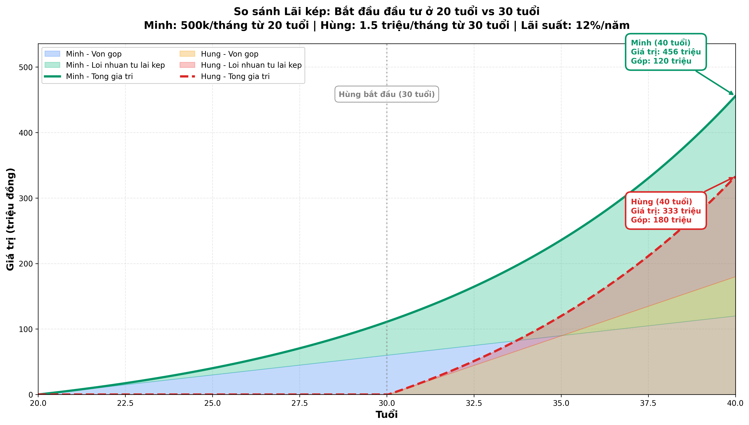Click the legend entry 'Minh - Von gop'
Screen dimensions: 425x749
93,54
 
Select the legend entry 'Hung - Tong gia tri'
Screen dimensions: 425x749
235,76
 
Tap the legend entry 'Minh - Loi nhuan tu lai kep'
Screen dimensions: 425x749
115,65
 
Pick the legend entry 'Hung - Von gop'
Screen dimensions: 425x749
230,54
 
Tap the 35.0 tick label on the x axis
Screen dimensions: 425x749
561,403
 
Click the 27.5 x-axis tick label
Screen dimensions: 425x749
300,403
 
